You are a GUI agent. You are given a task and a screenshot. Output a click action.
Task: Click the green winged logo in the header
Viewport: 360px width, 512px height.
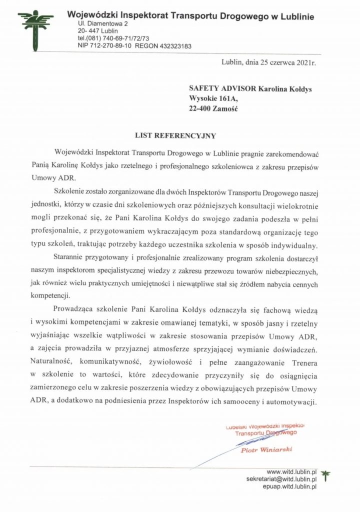pyautogui.click(x=35, y=30)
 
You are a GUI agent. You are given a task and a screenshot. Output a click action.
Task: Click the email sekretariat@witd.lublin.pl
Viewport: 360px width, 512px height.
pyautogui.click(x=282, y=478)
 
